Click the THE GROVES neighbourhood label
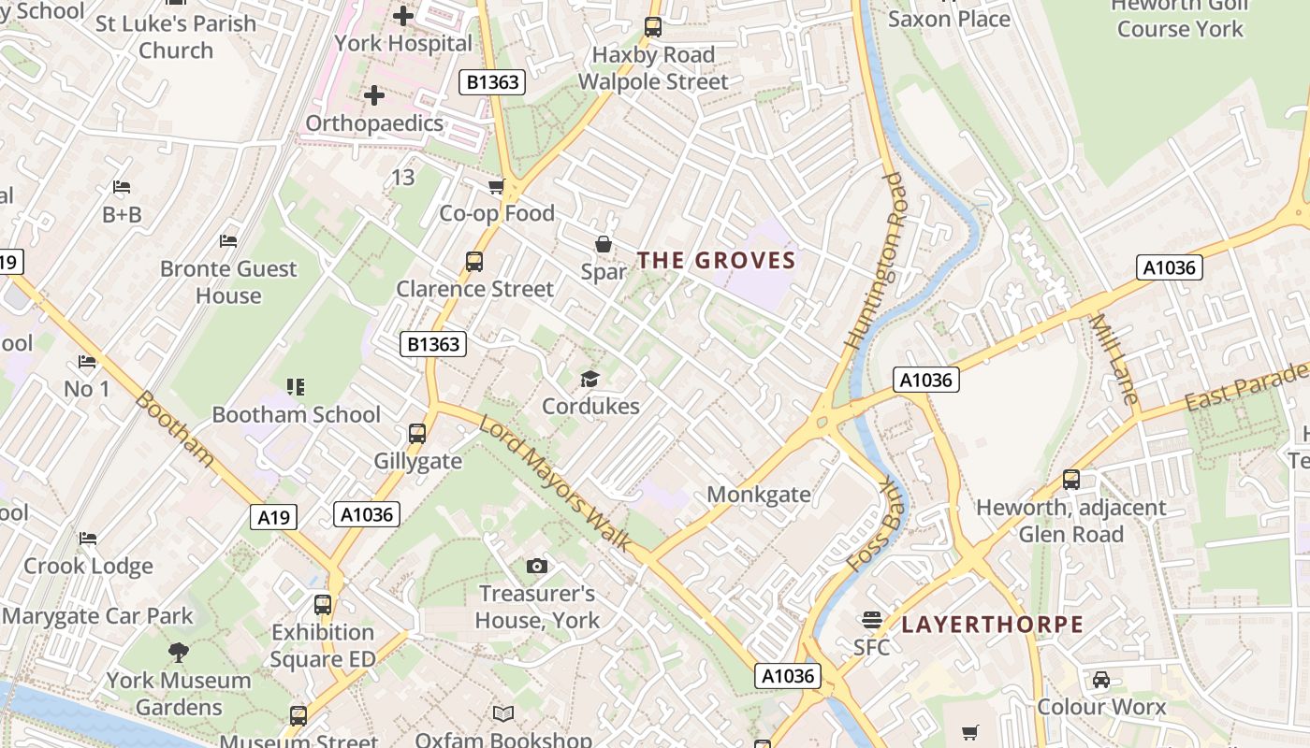tap(717, 261)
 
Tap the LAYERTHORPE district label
tap(992, 625)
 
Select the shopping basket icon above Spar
tap(604, 244)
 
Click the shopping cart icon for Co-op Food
tap(497, 186)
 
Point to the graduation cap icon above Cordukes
tap(589, 379)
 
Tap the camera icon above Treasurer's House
tap(536, 566)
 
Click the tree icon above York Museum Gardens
tap(178, 652)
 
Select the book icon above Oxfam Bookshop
tap(503, 713)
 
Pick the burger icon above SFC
tap(872, 619)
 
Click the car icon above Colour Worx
tap(1101, 679)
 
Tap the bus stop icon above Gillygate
tap(417, 434)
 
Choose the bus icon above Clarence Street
tap(474, 262)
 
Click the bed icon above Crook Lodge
tap(88, 539)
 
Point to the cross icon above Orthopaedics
tap(374, 95)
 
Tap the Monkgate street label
tap(758, 495)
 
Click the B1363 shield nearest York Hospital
tap(492, 82)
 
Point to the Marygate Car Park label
tap(97, 616)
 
